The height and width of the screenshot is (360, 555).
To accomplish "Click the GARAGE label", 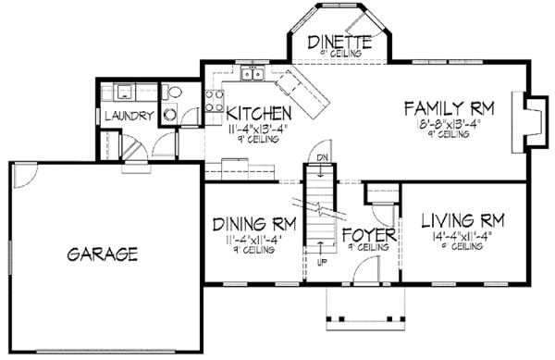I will (102, 253).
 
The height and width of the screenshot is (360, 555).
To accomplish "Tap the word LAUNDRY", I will (129, 116).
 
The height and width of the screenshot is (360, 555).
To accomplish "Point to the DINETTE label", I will (339, 42).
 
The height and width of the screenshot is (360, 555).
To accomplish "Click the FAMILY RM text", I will (450, 109).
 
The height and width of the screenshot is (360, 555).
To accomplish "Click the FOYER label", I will (369, 234).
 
